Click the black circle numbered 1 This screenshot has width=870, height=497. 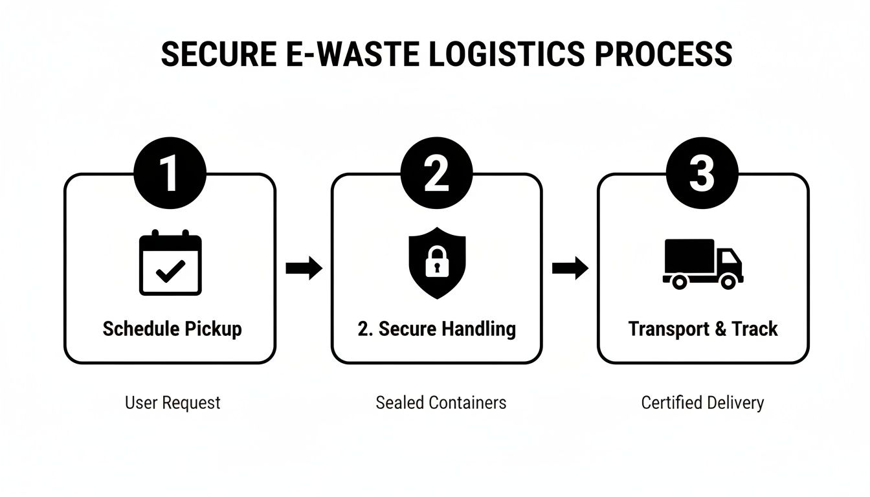tap(170, 173)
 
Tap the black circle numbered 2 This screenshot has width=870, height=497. tap(436, 173)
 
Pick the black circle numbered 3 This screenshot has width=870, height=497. tap(702, 173)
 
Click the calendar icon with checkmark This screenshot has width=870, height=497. tap(171, 264)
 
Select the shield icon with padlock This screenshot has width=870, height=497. tap(437, 262)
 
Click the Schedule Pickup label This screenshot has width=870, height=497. tap(172, 329)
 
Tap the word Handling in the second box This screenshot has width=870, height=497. tap(479, 329)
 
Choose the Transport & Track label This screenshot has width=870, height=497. tap(703, 329)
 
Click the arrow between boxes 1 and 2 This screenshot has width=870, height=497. tap(304, 267)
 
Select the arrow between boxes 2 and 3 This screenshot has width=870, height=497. tap(570, 267)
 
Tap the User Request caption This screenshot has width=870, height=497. tap(172, 403)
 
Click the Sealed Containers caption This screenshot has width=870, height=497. tap(441, 403)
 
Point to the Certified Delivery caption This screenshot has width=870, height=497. tap(702, 403)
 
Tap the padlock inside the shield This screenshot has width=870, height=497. tap(437, 261)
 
